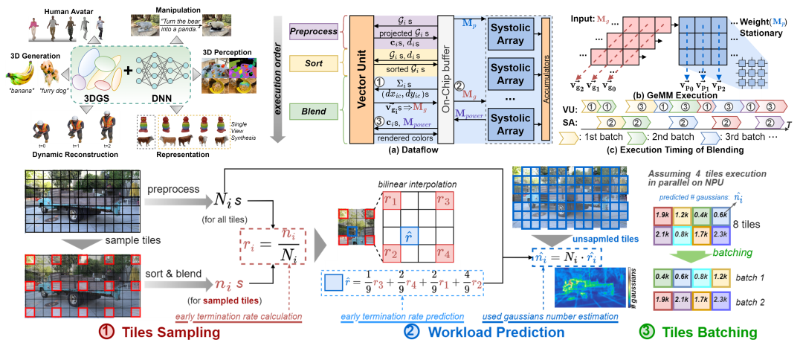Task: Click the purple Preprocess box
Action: point(313,32)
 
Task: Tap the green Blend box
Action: point(313,112)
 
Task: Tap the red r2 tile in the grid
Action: point(390,252)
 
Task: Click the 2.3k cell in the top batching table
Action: point(720,236)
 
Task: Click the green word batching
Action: point(733,253)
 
